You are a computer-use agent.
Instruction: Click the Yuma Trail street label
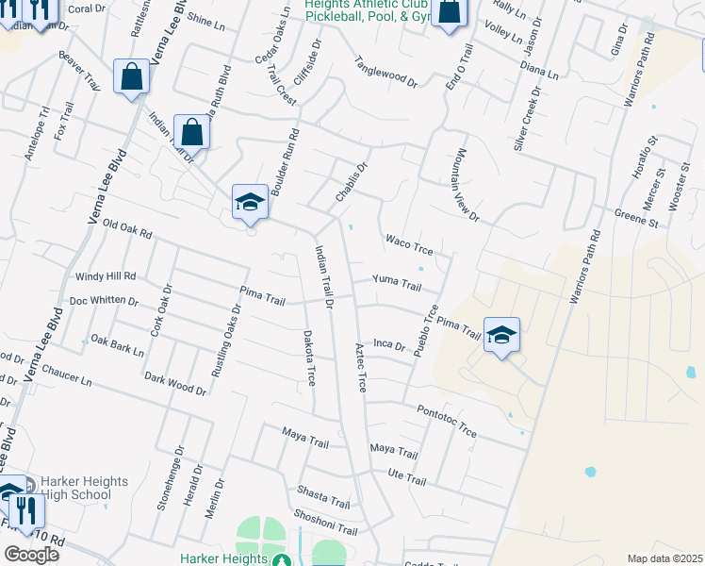tap(396, 282)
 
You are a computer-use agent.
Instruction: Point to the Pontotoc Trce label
tap(446, 419)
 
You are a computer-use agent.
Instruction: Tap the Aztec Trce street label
tap(360, 368)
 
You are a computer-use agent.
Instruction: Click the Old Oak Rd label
tap(126, 226)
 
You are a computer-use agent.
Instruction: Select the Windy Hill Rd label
tap(105, 276)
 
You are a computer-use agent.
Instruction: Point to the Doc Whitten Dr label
tap(104, 301)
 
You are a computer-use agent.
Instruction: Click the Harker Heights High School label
tap(72, 488)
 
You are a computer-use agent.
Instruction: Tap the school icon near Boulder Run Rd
tap(250, 202)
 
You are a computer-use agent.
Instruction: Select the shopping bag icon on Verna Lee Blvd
tap(132, 76)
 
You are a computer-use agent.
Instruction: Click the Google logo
tap(31, 554)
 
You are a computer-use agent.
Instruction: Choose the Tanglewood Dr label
tap(385, 72)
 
